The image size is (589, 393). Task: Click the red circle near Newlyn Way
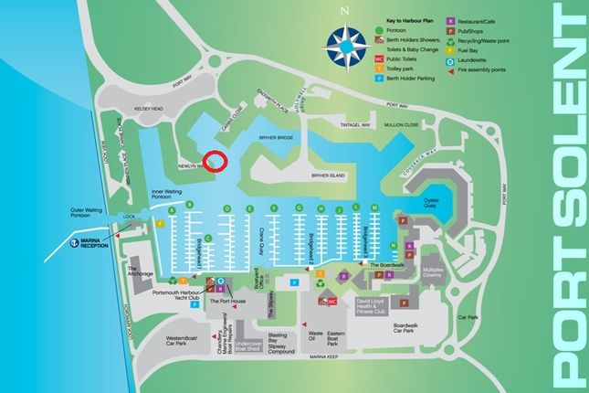[x=215, y=161]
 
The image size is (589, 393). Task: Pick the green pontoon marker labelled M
[x=375, y=208]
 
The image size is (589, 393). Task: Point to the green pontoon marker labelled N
[x=393, y=245]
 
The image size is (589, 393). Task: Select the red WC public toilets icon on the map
[x=328, y=300]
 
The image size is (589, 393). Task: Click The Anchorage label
[x=140, y=271]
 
